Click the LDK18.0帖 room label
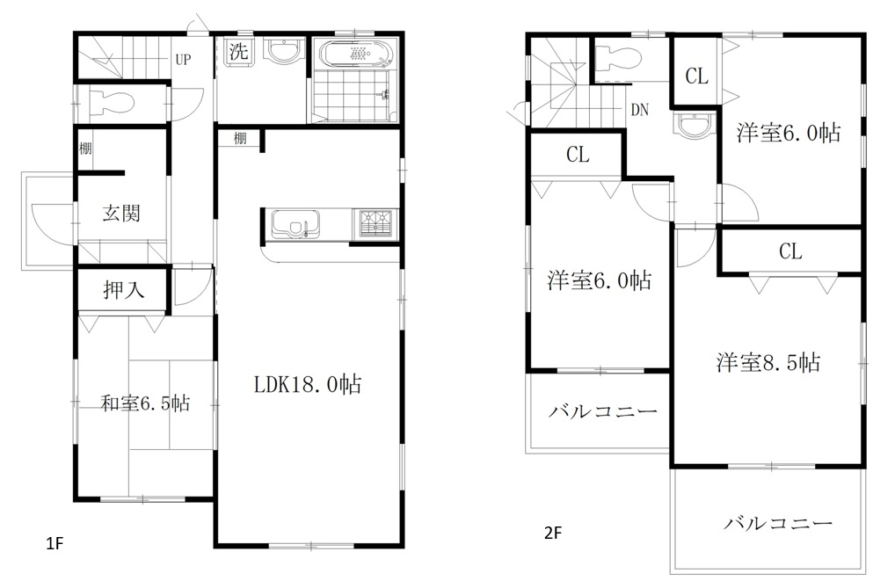pyautogui.click(x=307, y=384)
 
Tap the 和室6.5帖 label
pyautogui.click(x=145, y=403)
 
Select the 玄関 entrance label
pyautogui.click(x=121, y=213)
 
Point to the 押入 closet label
pyautogui.click(x=123, y=290)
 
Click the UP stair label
pyautogui.click(x=183, y=60)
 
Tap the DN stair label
pyautogui.click(x=640, y=110)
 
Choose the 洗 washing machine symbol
pyautogui.click(x=238, y=52)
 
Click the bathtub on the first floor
pyautogui.click(x=356, y=54)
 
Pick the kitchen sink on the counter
pyautogui.click(x=295, y=224)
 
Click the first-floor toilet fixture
pyautogui.click(x=112, y=104)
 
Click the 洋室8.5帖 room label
pyautogui.click(x=768, y=362)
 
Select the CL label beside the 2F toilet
pyautogui.click(x=696, y=76)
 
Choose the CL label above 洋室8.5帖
pyautogui.click(x=790, y=251)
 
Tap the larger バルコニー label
pyautogui.click(x=779, y=523)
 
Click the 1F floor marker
pyautogui.click(x=55, y=543)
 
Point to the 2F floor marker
pyautogui.click(x=552, y=533)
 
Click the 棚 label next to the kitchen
pyautogui.click(x=240, y=138)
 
